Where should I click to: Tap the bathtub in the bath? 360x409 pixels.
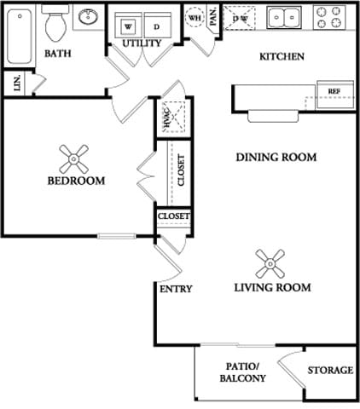click(x=20, y=37)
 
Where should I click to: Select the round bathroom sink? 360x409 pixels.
click(x=88, y=17)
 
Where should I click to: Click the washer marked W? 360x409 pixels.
click(x=128, y=26)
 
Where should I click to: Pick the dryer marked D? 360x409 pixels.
click(x=157, y=26)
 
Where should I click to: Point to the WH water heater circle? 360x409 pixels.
click(x=195, y=18)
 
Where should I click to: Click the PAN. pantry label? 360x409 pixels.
click(x=213, y=16)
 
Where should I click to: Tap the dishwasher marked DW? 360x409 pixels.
click(x=240, y=18)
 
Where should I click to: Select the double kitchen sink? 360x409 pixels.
click(x=284, y=17)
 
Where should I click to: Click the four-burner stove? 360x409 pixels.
click(x=329, y=17)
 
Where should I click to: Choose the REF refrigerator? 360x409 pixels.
click(x=335, y=95)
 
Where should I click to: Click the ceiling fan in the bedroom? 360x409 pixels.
click(x=74, y=158)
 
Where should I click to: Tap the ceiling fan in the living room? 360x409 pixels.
click(x=270, y=264)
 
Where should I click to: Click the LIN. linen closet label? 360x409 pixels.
click(x=17, y=83)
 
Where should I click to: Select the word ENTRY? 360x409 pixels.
click(x=176, y=289)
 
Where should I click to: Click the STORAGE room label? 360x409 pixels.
click(x=330, y=370)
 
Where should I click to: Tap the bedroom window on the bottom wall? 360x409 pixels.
click(x=117, y=236)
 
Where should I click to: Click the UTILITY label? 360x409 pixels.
click(x=142, y=43)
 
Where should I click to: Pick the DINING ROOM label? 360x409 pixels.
click(x=276, y=157)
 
